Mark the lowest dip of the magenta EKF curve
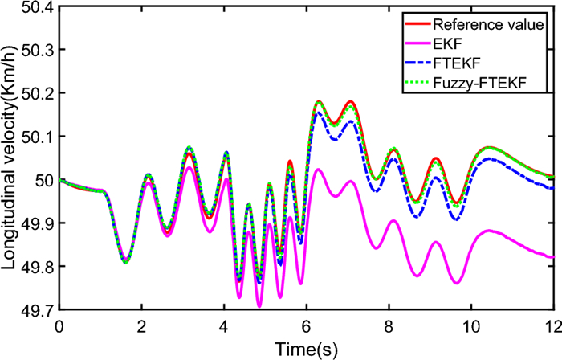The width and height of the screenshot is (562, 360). click(259, 306)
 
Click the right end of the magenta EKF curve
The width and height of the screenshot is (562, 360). click(553, 257)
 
